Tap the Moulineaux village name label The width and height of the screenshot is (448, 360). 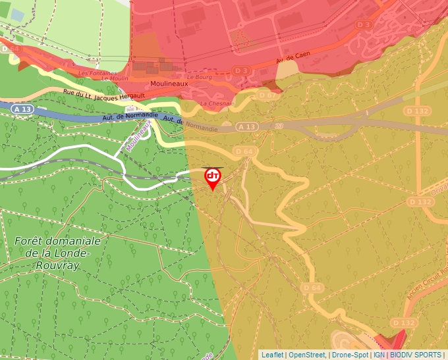pyautogui.click(x=169, y=84)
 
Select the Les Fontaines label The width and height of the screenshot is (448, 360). pyautogui.click(x=98, y=73)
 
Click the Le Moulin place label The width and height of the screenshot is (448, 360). pyautogui.click(x=115, y=79)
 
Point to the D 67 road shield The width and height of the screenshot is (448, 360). pyautogui.click(x=268, y=95)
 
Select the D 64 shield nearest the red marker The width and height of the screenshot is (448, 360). pyautogui.click(x=244, y=152)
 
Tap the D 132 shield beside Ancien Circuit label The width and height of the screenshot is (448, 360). pyautogui.click(x=403, y=322)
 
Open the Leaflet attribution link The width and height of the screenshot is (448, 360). pyautogui.click(x=272, y=355)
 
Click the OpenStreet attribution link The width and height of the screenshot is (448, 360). pyautogui.click(x=307, y=355)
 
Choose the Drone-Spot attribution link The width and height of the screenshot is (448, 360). pyautogui.click(x=350, y=355)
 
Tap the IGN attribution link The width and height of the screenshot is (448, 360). pyautogui.click(x=379, y=355)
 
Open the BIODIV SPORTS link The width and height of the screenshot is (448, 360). pyautogui.click(x=415, y=355)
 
